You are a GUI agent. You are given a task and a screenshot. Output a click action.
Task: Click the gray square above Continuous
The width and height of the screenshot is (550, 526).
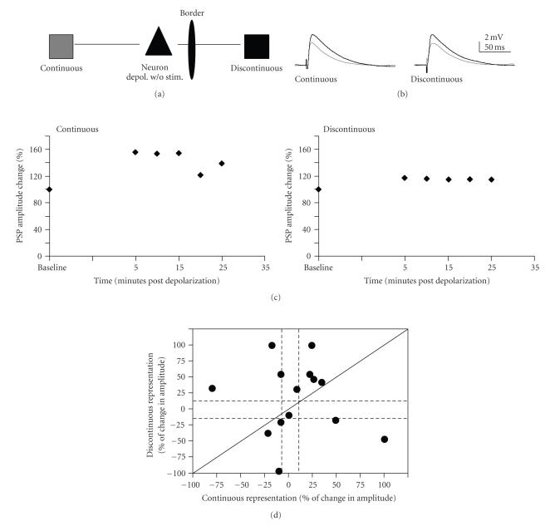(x=61, y=45)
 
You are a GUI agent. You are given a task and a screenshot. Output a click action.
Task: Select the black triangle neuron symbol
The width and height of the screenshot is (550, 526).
(x=158, y=42)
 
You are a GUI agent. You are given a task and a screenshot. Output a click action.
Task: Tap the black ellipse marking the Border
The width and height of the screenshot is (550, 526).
(x=193, y=44)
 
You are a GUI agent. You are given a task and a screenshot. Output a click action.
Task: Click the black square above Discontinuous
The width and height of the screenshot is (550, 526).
(x=256, y=45)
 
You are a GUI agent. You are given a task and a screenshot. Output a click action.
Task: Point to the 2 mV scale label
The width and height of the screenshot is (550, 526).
(x=495, y=38)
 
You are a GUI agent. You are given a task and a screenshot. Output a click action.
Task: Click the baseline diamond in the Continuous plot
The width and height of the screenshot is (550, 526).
(x=49, y=189)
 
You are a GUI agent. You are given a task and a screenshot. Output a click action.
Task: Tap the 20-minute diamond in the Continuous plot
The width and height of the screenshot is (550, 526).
(x=200, y=175)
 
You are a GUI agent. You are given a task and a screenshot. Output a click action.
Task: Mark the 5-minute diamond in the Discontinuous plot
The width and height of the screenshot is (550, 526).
(x=405, y=178)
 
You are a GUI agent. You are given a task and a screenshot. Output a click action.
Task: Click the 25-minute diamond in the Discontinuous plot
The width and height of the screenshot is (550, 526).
(x=491, y=179)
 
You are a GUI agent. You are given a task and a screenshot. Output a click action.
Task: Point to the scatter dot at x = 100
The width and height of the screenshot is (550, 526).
(x=385, y=439)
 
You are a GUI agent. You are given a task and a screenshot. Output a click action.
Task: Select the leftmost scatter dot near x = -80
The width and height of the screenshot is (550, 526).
(x=212, y=388)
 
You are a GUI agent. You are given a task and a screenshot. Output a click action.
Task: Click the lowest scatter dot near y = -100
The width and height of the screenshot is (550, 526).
(x=278, y=471)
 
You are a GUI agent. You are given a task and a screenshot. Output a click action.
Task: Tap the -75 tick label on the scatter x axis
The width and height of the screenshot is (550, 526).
(x=216, y=483)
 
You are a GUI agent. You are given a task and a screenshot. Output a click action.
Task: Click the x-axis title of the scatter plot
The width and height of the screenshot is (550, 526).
(x=298, y=497)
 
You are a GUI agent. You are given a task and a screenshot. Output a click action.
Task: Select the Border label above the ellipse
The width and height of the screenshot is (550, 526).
(x=192, y=14)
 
